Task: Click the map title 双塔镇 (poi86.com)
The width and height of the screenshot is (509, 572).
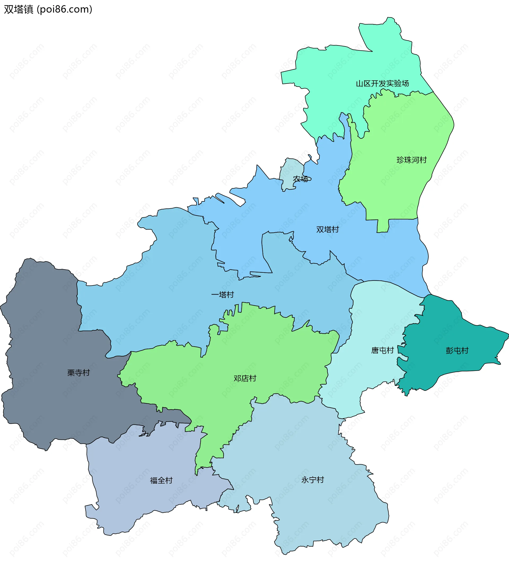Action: point(48,10)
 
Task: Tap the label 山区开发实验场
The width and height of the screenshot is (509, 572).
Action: point(382,83)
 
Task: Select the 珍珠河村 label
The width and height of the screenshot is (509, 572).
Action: point(411,160)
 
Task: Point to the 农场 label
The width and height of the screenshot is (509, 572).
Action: point(301,179)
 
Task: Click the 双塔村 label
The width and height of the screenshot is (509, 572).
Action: point(327,229)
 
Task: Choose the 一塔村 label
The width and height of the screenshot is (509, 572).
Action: point(222,295)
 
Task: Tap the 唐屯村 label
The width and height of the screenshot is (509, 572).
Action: point(382,350)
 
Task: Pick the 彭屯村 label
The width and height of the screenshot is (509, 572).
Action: point(457,351)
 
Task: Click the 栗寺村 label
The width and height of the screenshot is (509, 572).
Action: point(78,373)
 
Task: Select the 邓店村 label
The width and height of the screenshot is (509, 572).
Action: point(245,378)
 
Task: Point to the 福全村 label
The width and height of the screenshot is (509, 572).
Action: point(161,480)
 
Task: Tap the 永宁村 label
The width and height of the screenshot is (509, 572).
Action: point(312,480)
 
